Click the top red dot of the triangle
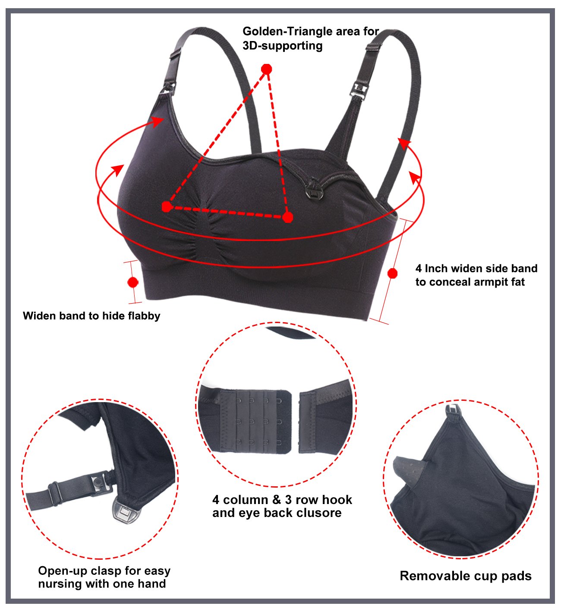[x=267, y=69]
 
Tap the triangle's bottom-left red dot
[x=167, y=207]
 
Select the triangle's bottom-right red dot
[x=288, y=217]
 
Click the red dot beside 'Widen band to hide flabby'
[x=133, y=282]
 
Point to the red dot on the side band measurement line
[x=392, y=273]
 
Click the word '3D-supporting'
[x=282, y=46]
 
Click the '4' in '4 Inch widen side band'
[x=419, y=269]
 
